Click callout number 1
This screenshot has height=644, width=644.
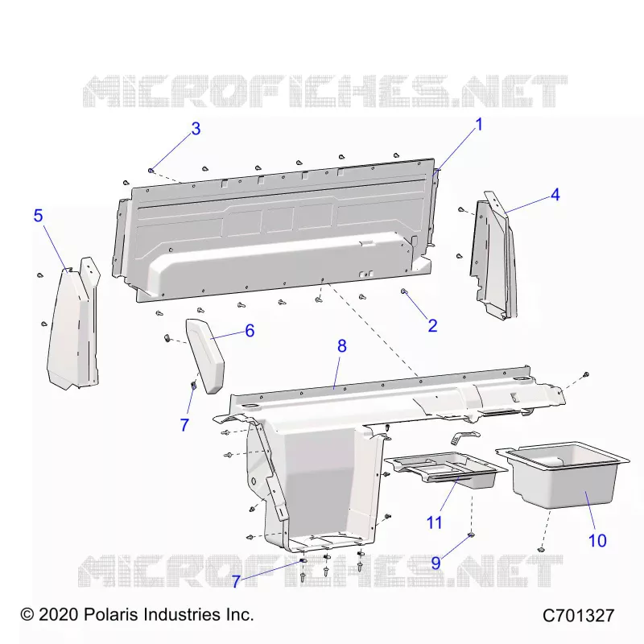tap(478, 125)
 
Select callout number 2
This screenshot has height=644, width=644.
tap(432, 326)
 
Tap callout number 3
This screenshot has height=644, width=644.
tap(196, 129)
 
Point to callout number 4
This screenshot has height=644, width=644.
tap(555, 194)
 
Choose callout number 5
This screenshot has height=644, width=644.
tap(38, 216)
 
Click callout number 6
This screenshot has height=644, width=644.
tap(250, 331)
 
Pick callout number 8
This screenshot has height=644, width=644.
tap(342, 346)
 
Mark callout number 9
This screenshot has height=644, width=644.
tap(436, 563)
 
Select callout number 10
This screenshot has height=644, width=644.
tap(597, 540)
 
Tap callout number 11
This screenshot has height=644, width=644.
tap(435, 522)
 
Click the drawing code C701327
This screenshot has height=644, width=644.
tap(578, 616)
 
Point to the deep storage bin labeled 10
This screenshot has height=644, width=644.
tap(563, 477)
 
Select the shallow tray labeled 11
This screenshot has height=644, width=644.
tap(446, 469)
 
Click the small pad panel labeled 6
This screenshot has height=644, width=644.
tap(205, 355)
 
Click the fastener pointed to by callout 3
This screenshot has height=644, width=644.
tap(151, 170)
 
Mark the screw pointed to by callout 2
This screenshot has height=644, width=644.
tap(404, 291)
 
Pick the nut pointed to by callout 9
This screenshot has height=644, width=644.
tap(471, 535)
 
